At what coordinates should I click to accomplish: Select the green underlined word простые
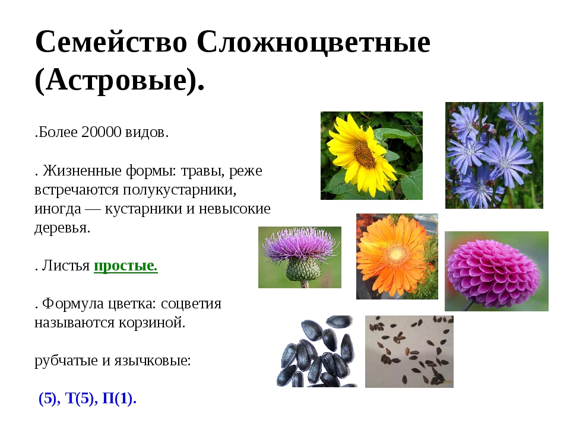click(125, 266)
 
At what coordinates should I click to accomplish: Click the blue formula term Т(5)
click(80, 399)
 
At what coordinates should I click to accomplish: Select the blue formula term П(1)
click(119, 399)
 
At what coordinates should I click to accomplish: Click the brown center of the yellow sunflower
click(363, 154)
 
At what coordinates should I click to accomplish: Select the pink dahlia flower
click(494, 270)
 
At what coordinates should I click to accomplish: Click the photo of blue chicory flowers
click(494, 155)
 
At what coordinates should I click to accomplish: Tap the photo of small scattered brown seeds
click(409, 351)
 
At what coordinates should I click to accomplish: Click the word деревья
click(62, 228)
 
